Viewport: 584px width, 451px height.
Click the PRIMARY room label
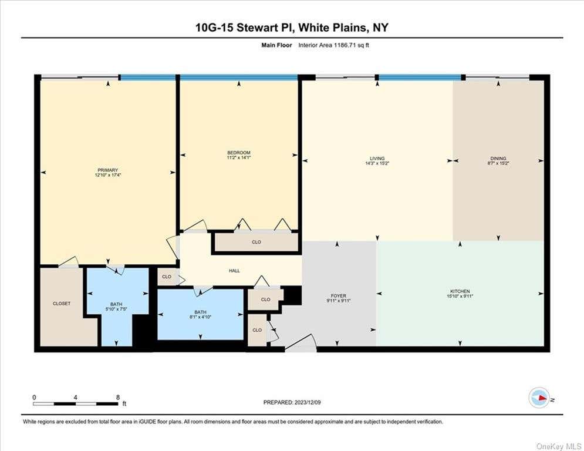[107, 170]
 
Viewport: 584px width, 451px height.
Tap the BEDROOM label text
[239, 153]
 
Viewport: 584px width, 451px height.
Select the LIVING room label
[377, 159]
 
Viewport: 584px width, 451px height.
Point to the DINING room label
[498, 159]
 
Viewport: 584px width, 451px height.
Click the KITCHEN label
[460, 291]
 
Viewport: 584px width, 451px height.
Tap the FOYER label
[339, 296]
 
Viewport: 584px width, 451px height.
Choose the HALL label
[234, 271]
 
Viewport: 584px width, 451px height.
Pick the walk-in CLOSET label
[62, 304]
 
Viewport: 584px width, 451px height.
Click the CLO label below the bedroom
[256, 242]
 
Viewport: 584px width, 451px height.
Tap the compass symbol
[539, 398]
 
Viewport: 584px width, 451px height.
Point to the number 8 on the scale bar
[118, 398]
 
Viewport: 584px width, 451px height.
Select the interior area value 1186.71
[346, 45]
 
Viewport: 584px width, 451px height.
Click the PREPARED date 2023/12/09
[308, 402]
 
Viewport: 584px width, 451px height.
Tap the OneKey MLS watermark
[559, 446]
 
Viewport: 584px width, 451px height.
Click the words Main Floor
[276, 45]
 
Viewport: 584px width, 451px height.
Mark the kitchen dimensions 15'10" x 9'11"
[460, 297]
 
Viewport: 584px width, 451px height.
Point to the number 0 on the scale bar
[34, 398]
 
